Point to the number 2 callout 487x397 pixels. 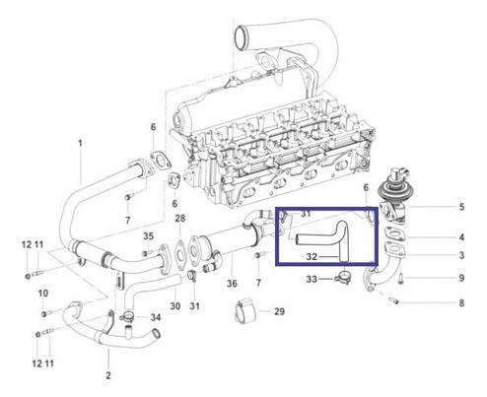[x=108, y=375]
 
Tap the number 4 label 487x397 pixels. [x=459, y=237]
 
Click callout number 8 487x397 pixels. [x=459, y=304]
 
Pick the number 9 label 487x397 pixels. [x=459, y=279]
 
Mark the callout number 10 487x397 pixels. [x=42, y=294]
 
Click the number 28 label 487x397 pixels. [x=179, y=218]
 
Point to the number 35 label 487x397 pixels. [x=148, y=236]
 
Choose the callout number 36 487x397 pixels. [x=232, y=284]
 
